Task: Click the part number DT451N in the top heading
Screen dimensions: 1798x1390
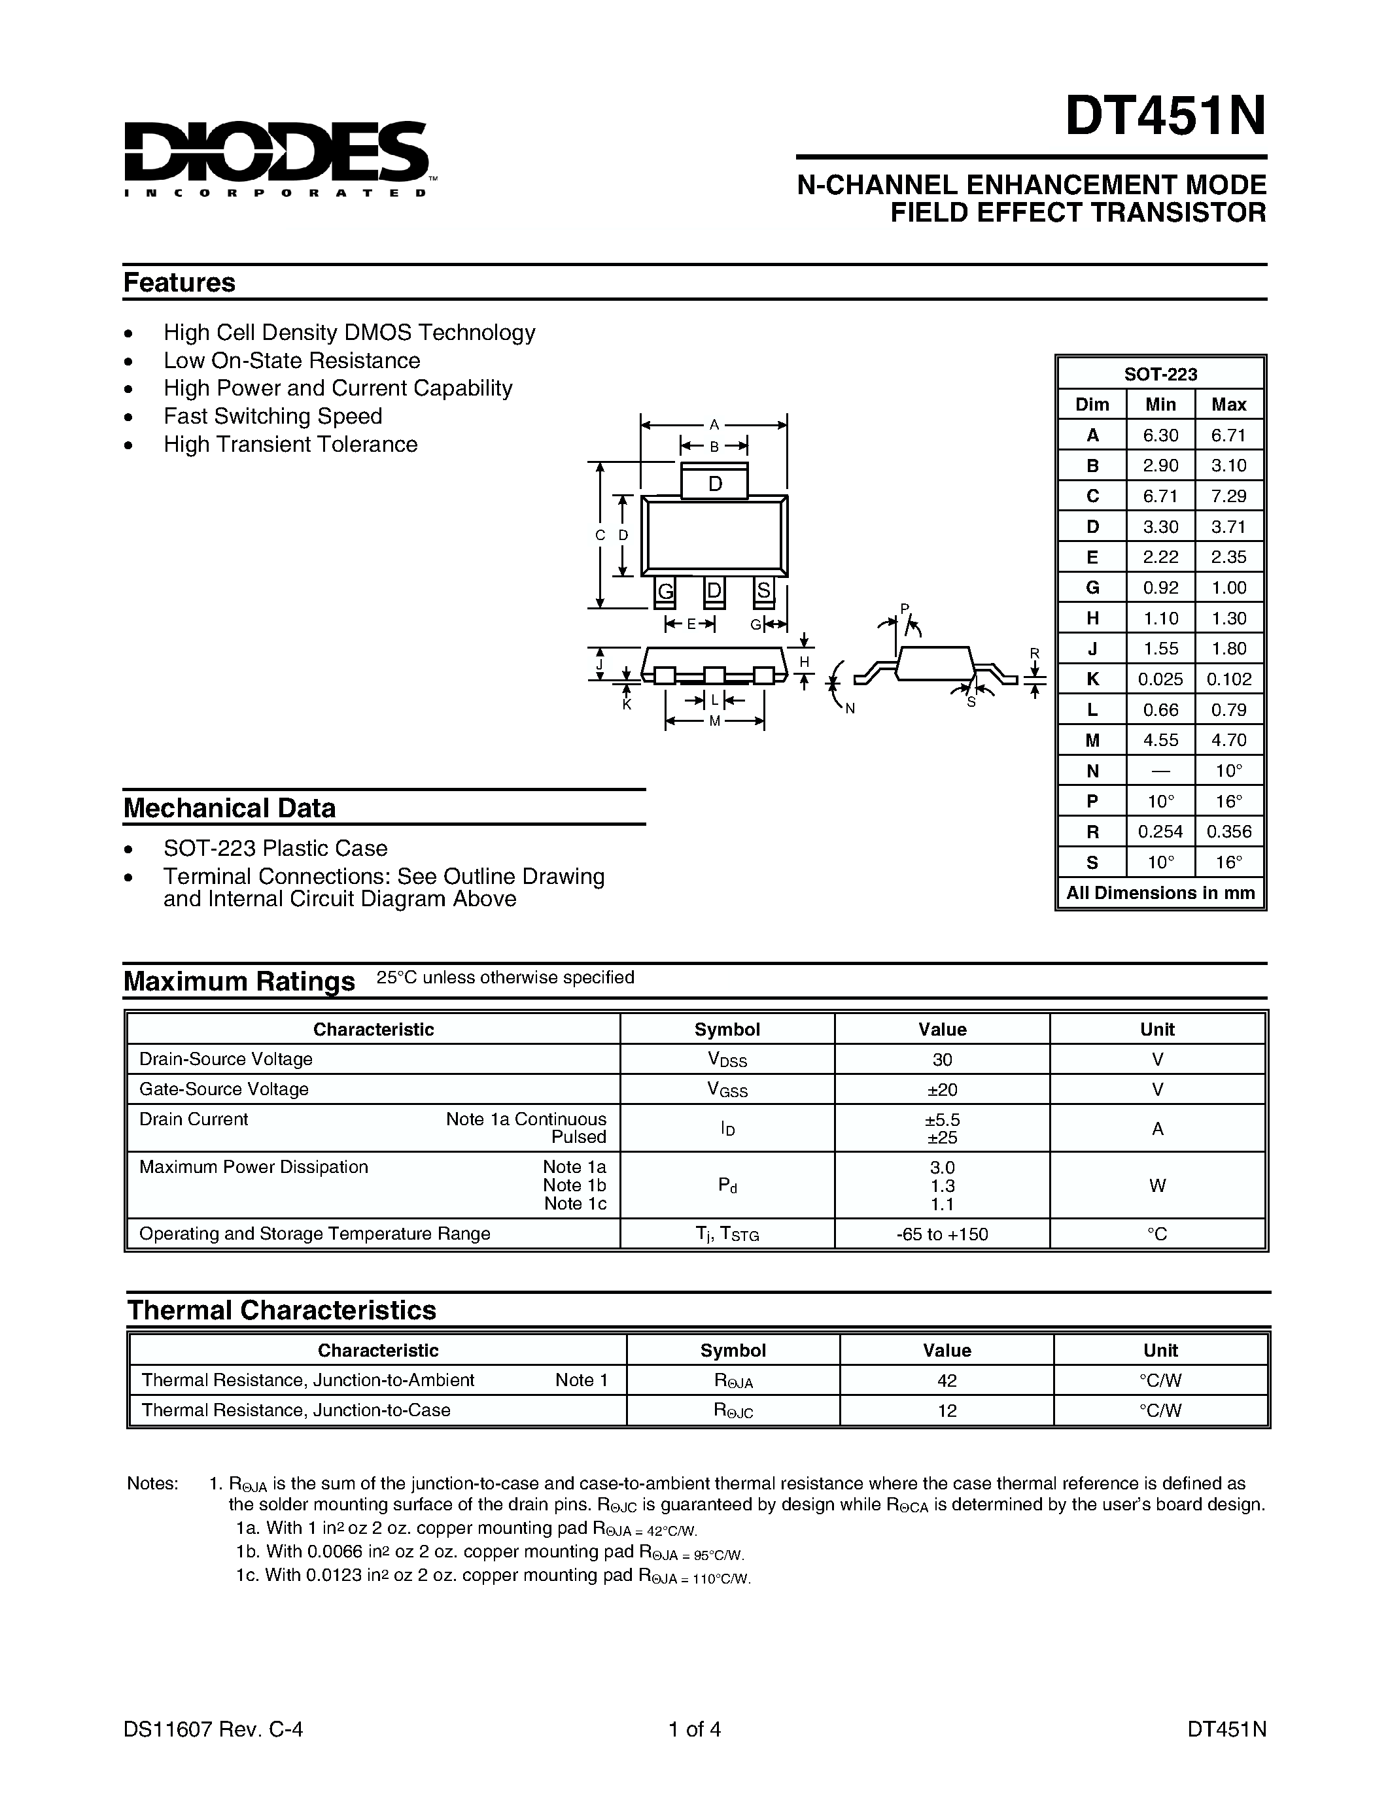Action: (x=1164, y=117)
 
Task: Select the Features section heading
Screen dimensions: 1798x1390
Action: (x=179, y=282)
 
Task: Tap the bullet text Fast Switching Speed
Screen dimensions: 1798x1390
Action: (x=273, y=416)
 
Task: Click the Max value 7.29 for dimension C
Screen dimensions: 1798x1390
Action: (x=1228, y=496)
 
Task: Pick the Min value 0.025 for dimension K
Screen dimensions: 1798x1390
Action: (x=1160, y=679)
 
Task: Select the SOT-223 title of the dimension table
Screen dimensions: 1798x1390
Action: (x=1160, y=374)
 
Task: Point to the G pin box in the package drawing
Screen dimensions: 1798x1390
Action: (x=665, y=590)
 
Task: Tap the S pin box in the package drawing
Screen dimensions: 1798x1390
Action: (x=763, y=590)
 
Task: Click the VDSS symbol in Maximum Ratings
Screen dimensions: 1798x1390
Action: (x=727, y=1060)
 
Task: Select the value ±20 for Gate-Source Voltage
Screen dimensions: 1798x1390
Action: (x=942, y=1089)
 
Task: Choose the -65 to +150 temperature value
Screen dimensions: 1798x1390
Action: (x=942, y=1234)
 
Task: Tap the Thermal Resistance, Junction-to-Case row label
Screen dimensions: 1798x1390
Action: (x=296, y=1410)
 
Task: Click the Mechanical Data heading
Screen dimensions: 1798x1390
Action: (x=230, y=807)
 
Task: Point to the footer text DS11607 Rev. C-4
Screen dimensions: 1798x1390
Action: (x=213, y=1729)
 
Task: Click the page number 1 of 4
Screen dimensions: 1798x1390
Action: (x=694, y=1729)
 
